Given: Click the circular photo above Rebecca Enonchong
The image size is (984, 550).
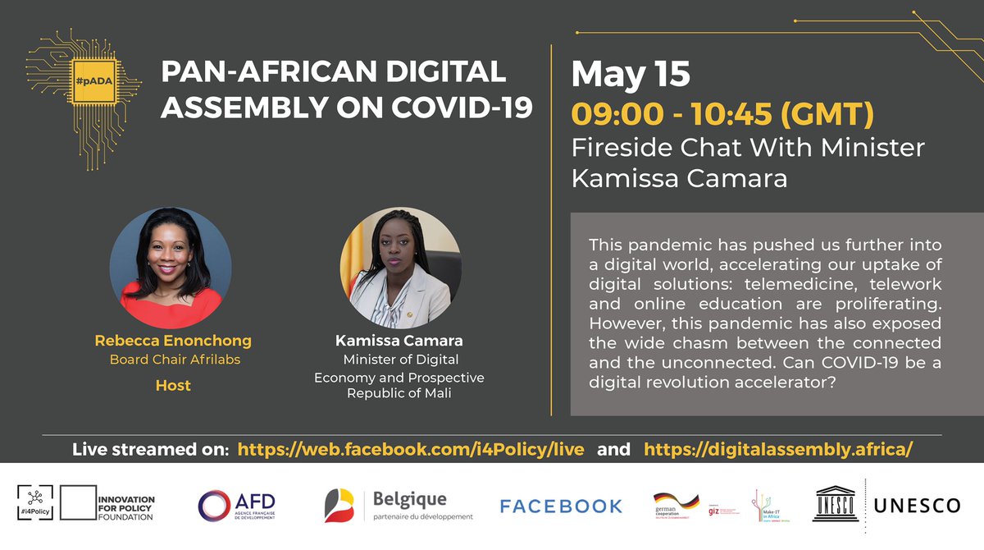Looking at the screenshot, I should tap(170, 268).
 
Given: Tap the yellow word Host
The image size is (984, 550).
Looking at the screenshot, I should tap(173, 384).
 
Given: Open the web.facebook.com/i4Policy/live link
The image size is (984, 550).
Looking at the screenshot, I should tap(411, 450).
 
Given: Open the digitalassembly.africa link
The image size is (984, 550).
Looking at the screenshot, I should tap(778, 450).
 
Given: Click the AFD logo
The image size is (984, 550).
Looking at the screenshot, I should tap(237, 505).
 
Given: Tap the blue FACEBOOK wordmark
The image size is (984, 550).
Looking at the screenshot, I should tap(561, 506).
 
